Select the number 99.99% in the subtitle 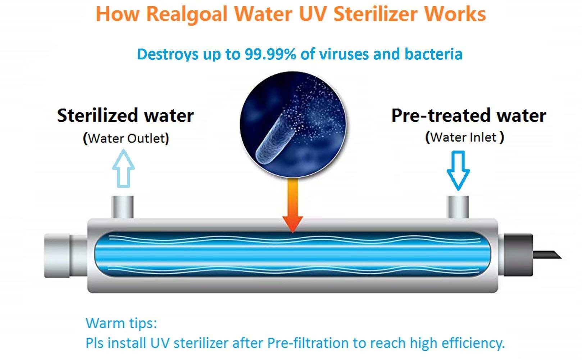coord(270,54)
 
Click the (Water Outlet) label coord(126,138)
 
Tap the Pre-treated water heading coord(469,116)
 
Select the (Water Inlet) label coord(465,137)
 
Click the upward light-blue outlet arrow coord(123,168)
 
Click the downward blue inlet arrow coord(458,170)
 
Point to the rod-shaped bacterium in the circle coord(276,139)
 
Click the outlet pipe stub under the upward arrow coord(122,207)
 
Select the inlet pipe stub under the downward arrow coord(458,207)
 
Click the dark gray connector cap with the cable coord(518,255)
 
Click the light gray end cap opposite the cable coord(57,256)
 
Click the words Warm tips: coord(121,323)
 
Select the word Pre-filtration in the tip coord(308,343)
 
